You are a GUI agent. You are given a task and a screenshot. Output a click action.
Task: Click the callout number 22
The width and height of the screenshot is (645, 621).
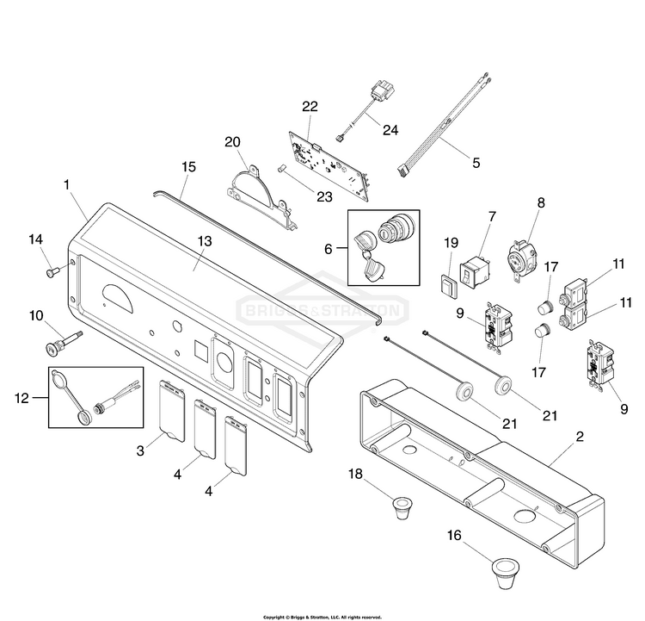(310, 106)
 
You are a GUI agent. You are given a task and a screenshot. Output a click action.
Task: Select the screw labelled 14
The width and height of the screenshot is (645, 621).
(52, 272)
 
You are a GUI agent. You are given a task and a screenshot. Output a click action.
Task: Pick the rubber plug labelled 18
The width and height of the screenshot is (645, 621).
(402, 508)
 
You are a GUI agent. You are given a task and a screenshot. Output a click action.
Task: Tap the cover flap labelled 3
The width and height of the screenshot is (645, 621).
(172, 411)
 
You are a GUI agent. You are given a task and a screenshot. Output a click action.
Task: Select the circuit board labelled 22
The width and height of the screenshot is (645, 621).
(329, 165)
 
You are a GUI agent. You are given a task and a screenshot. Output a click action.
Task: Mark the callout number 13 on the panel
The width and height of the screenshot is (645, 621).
(205, 241)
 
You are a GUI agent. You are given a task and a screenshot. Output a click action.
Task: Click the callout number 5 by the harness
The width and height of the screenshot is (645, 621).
(476, 163)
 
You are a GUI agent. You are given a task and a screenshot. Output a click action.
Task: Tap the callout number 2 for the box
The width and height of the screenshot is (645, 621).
(580, 437)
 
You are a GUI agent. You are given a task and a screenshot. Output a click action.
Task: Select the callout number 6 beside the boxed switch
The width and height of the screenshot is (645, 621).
(329, 249)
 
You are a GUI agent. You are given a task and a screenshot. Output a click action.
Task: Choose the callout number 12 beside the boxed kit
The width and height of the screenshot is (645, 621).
(22, 398)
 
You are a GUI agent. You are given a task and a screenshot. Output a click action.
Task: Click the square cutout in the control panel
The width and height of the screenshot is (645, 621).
(202, 349)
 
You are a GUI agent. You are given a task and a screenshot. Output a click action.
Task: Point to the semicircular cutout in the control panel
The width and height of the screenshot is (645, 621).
(118, 298)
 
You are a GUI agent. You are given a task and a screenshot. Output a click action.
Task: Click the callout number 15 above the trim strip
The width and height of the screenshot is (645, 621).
(189, 167)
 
